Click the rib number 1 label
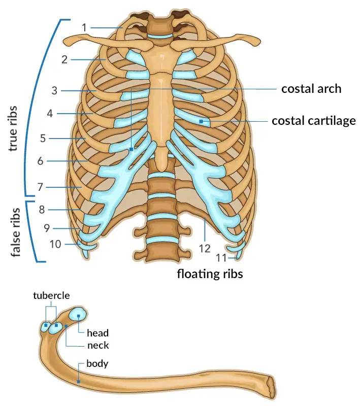tap(84, 27)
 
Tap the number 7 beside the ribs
tap(40, 187)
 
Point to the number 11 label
tap(220, 257)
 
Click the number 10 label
tap(55, 244)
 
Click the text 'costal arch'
tap(311, 89)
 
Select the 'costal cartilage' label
tap(313, 121)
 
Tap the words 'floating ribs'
tap(210, 275)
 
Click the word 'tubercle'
tap(51, 295)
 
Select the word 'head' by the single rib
tap(97, 333)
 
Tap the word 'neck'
tap(97, 345)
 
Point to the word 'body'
tap(97, 363)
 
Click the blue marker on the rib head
tap(79, 316)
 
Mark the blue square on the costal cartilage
tap(202, 121)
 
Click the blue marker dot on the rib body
tap(79, 381)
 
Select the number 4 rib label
tap(50, 114)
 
